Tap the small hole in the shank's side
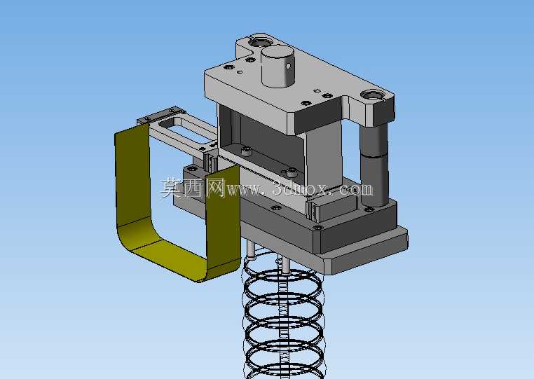(288, 65)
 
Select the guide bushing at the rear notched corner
(261, 43)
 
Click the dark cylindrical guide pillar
(374, 165)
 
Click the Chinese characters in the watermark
(193, 188)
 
